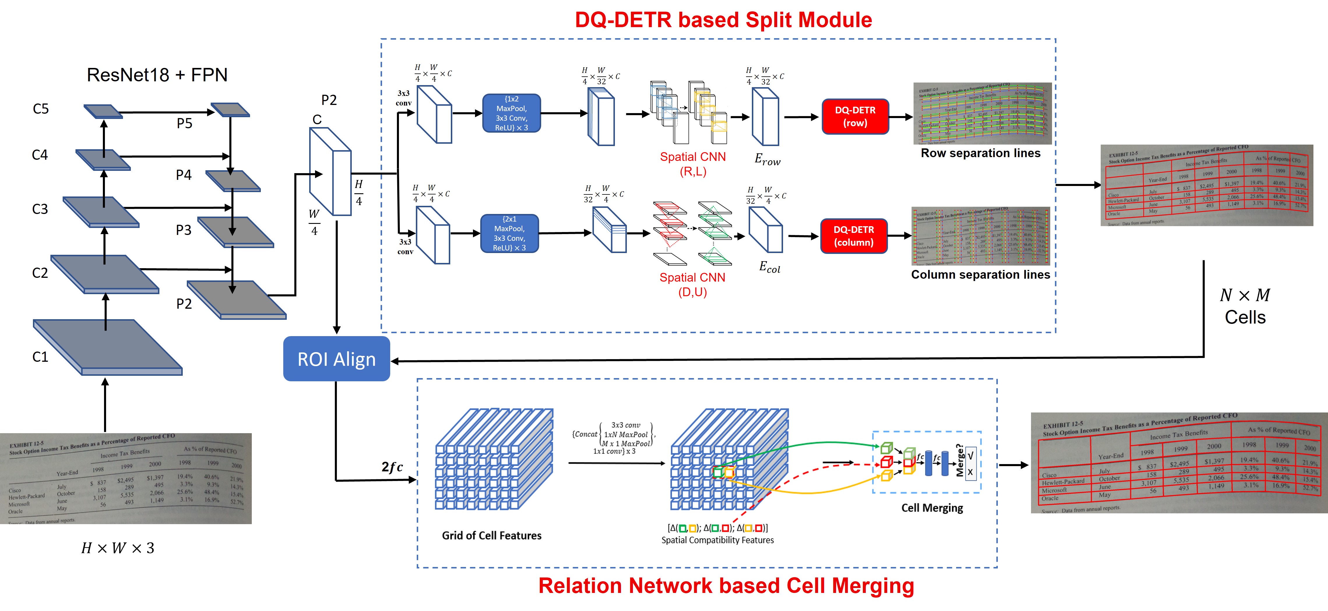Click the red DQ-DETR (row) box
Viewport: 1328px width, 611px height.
855,117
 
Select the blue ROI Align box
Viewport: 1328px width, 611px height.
336,359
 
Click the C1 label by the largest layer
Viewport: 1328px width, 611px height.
40,357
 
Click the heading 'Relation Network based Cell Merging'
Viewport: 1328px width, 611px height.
726,586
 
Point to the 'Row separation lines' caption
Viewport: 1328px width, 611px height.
980,153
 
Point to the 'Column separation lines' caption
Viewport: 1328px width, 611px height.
980,275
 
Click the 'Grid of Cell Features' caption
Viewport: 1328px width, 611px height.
491,536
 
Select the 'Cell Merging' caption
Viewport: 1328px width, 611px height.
932,508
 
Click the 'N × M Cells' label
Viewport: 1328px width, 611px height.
1244,306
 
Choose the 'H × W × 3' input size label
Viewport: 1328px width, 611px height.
117,548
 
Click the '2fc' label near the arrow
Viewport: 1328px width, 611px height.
392,467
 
